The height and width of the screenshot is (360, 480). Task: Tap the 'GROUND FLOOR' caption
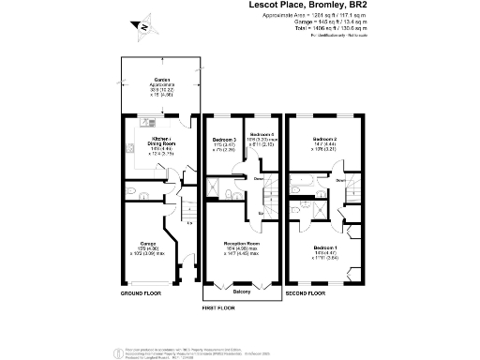pos(141,293)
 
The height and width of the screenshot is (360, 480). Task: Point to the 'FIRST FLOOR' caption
pos(223,307)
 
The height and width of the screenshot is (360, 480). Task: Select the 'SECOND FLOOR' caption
pos(312,293)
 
